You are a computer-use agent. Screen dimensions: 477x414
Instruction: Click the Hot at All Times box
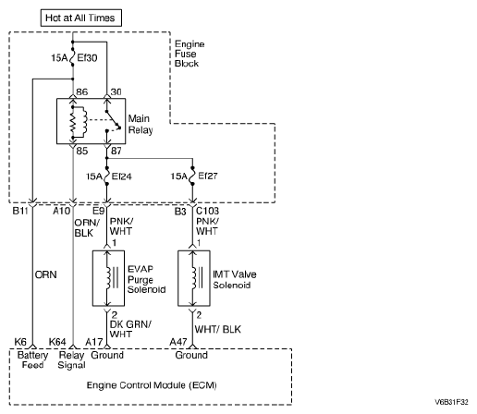[81, 18]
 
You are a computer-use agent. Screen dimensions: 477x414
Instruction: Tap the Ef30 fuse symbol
[73, 57]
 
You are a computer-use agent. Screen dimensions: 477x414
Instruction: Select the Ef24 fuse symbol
[107, 176]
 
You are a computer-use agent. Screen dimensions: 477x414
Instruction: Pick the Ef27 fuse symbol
[192, 176]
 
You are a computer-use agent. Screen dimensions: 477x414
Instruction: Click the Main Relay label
[141, 124]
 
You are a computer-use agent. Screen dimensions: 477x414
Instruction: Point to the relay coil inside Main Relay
[79, 122]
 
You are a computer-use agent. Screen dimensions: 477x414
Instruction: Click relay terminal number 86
[82, 91]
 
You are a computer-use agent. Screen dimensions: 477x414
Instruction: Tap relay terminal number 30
[116, 91]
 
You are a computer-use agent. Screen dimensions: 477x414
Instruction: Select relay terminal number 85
[82, 151]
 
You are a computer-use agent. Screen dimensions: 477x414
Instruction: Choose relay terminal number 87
[116, 151]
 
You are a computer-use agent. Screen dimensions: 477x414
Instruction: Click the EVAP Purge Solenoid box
[108, 278]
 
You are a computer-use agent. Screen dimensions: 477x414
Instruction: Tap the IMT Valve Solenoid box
[194, 278]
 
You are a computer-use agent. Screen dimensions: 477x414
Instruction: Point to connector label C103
[207, 211]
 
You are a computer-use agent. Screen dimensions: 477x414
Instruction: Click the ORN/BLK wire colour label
[87, 227]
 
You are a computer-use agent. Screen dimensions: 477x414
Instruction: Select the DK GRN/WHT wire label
[130, 329]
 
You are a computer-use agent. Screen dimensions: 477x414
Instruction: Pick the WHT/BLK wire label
[217, 329]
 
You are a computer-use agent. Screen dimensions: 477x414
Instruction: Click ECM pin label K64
[57, 342]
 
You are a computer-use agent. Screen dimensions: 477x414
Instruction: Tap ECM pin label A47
[178, 342]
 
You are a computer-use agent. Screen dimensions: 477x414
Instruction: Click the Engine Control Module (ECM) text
[152, 385]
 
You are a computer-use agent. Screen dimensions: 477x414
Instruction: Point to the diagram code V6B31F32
[451, 402]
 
